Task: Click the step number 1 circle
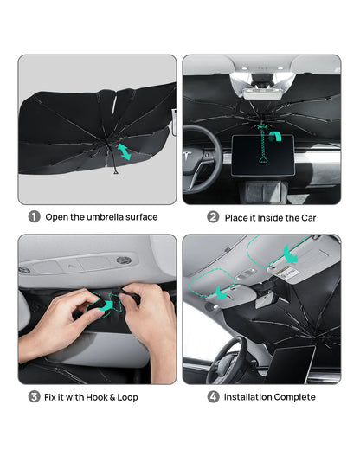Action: click(34, 217)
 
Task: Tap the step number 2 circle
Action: click(213, 217)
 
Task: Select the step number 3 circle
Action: click(34, 397)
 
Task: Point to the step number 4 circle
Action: click(213, 397)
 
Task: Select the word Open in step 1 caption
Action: click(58, 217)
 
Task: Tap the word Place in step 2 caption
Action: click(238, 217)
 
